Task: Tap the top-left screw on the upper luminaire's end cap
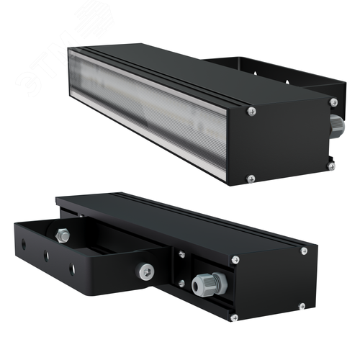click(251, 111)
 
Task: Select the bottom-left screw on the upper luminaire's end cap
click(250, 178)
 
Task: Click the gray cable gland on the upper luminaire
click(336, 125)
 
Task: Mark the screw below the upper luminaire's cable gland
click(331, 166)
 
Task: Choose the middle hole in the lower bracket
click(48, 256)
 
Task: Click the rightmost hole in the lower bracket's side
click(71, 269)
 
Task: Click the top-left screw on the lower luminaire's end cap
click(235, 258)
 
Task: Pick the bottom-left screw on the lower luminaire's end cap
click(233, 315)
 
